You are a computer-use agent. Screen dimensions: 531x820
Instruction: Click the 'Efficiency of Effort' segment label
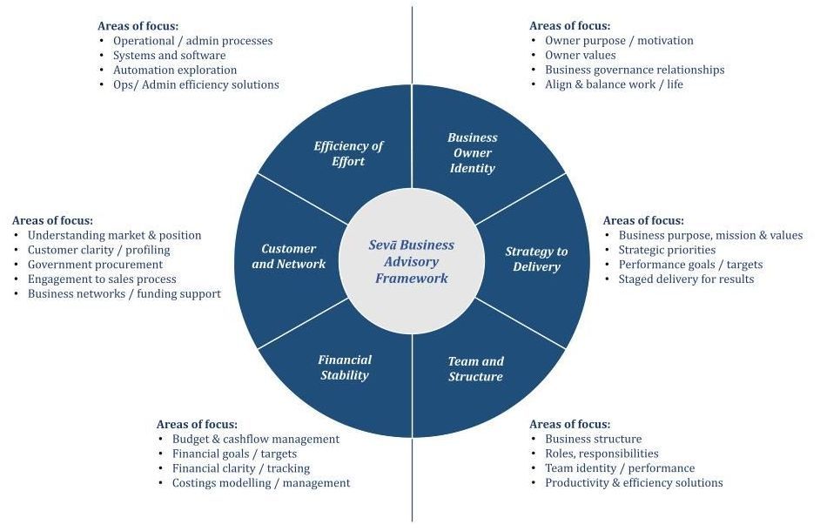(348, 153)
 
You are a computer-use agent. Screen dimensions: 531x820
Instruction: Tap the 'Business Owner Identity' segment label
(473, 152)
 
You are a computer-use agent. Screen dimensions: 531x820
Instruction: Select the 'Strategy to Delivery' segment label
(536, 259)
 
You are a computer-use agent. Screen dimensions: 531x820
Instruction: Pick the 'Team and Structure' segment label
(475, 368)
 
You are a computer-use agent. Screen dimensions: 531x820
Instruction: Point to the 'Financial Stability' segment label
(345, 367)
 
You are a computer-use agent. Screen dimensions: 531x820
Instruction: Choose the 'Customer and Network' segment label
(288, 256)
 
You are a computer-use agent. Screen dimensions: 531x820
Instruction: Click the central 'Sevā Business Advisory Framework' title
(411, 261)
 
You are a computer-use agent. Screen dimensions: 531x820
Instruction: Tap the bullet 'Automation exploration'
(175, 70)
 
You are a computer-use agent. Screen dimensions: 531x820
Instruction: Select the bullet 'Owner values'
(580, 55)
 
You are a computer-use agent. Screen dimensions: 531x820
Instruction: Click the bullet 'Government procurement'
(95, 264)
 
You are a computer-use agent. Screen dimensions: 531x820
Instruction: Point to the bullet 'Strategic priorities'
(667, 250)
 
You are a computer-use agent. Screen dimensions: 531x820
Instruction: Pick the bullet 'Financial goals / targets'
(234, 454)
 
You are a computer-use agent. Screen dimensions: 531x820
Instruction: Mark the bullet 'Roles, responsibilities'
(602, 454)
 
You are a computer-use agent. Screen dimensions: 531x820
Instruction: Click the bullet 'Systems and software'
(169, 55)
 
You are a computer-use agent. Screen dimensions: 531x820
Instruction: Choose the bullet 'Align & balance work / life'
(614, 84)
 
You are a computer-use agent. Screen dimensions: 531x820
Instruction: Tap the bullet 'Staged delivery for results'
(686, 279)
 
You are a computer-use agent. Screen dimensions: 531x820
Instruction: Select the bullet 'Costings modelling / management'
(261, 483)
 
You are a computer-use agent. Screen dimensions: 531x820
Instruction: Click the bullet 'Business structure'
(593, 439)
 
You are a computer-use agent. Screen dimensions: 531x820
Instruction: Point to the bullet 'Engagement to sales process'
(102, 279)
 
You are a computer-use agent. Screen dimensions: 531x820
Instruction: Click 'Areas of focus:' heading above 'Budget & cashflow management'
(197, 424)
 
